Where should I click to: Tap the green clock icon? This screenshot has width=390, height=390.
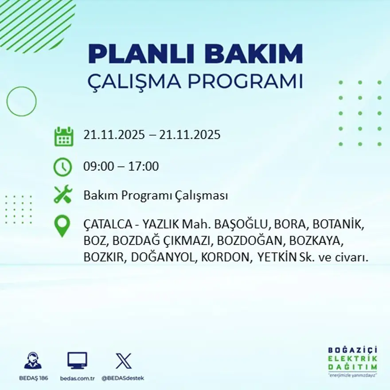click(62, 167)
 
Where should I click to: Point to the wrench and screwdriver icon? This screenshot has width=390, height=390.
click(62, 195)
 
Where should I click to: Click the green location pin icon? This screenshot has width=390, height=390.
click(62, 226)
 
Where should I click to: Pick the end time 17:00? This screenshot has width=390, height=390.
click(144, 167)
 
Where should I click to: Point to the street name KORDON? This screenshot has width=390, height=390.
click(225, 257)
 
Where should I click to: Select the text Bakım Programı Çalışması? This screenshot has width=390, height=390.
click(156, 195)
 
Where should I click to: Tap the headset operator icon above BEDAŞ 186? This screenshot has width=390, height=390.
click(33, 361)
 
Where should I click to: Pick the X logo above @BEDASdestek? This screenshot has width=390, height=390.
click(123, 361)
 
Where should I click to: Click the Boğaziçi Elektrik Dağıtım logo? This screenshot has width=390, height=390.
click(352, 361)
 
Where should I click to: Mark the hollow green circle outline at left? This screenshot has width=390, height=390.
click(21, 101)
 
